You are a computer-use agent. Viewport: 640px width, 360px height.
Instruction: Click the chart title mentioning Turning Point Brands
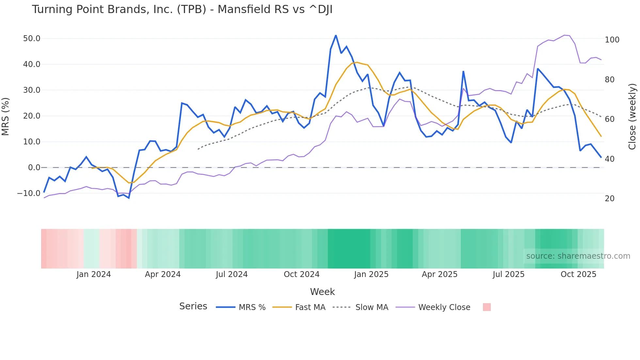pos(182,9)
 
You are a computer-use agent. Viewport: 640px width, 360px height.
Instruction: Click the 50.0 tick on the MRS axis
pos(32,39)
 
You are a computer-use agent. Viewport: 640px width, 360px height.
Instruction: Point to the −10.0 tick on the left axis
pos(29,193)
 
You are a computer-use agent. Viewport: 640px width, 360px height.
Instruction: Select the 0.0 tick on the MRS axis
pos(34,168)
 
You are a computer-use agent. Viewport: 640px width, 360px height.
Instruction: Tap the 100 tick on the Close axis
pos(612,40)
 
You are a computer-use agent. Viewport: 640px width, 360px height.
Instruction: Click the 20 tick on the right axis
pos(610,199)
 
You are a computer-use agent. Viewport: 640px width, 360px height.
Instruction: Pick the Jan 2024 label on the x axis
pos(94,274)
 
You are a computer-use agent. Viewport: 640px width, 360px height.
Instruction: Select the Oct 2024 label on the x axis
pos(301,274)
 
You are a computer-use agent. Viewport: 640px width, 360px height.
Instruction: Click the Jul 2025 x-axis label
pos(508,274)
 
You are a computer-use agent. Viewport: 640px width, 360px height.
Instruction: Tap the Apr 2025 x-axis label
pos(440,274)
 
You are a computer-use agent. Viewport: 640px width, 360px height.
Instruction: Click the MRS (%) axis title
pos(6,117)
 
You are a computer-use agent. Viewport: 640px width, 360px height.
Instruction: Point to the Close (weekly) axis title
pos(632,117)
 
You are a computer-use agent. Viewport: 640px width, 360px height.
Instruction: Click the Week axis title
pos(322,292)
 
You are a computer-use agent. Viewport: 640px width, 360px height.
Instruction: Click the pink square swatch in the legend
pos(487,307)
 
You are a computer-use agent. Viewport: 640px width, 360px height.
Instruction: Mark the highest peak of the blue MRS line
pos(336,35)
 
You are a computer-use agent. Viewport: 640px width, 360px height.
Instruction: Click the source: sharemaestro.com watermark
pos(578,256)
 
